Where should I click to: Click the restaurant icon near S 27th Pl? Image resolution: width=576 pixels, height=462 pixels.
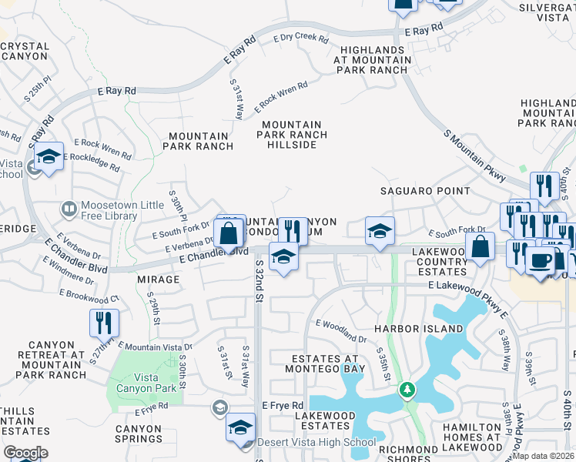(104, 322)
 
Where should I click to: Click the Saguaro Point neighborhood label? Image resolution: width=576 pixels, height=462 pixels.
(425, 191)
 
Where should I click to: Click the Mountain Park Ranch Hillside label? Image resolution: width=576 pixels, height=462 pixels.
(291, 129)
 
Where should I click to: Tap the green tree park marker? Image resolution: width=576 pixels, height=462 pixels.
(407, 391)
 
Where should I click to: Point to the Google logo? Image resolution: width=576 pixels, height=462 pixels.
(25, 452)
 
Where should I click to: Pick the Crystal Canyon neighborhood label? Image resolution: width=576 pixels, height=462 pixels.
(25, 52)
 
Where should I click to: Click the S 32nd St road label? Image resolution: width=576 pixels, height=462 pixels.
(258, 281)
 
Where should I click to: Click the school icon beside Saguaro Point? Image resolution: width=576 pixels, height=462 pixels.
(379, 230)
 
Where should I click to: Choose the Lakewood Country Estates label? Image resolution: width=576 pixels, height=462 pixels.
(440, 261)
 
